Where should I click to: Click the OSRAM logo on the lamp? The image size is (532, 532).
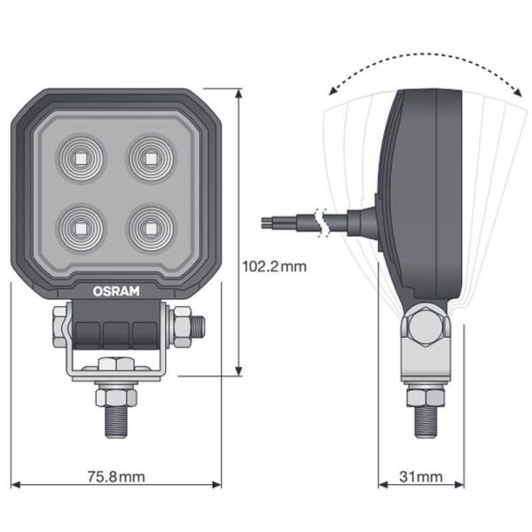[x=117, y=290]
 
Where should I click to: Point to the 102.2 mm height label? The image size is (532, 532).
[x=274, y=266]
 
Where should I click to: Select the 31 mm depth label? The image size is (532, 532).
[x=420, y=478]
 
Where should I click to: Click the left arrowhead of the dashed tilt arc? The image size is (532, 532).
[x=330, y=90]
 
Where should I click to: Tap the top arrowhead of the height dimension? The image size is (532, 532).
[x=239, y=91]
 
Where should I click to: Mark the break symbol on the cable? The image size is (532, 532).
[x=323, y=220]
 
